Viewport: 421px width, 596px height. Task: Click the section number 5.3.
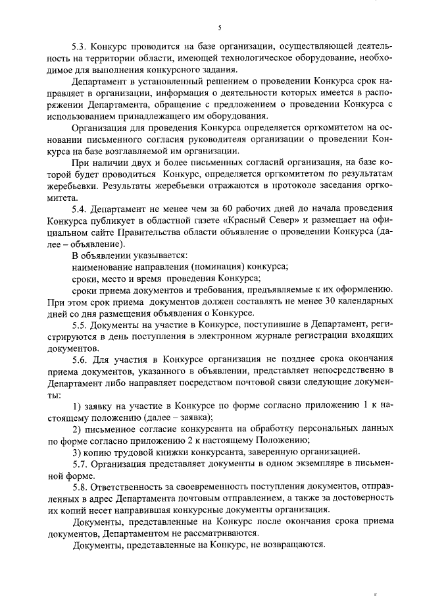[x=80, y=48]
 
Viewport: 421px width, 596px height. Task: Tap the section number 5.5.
[x=80, y=326]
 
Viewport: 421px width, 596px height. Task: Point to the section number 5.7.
[x=80, y=465]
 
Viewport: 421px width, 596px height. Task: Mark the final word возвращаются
[x=289, y=546]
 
